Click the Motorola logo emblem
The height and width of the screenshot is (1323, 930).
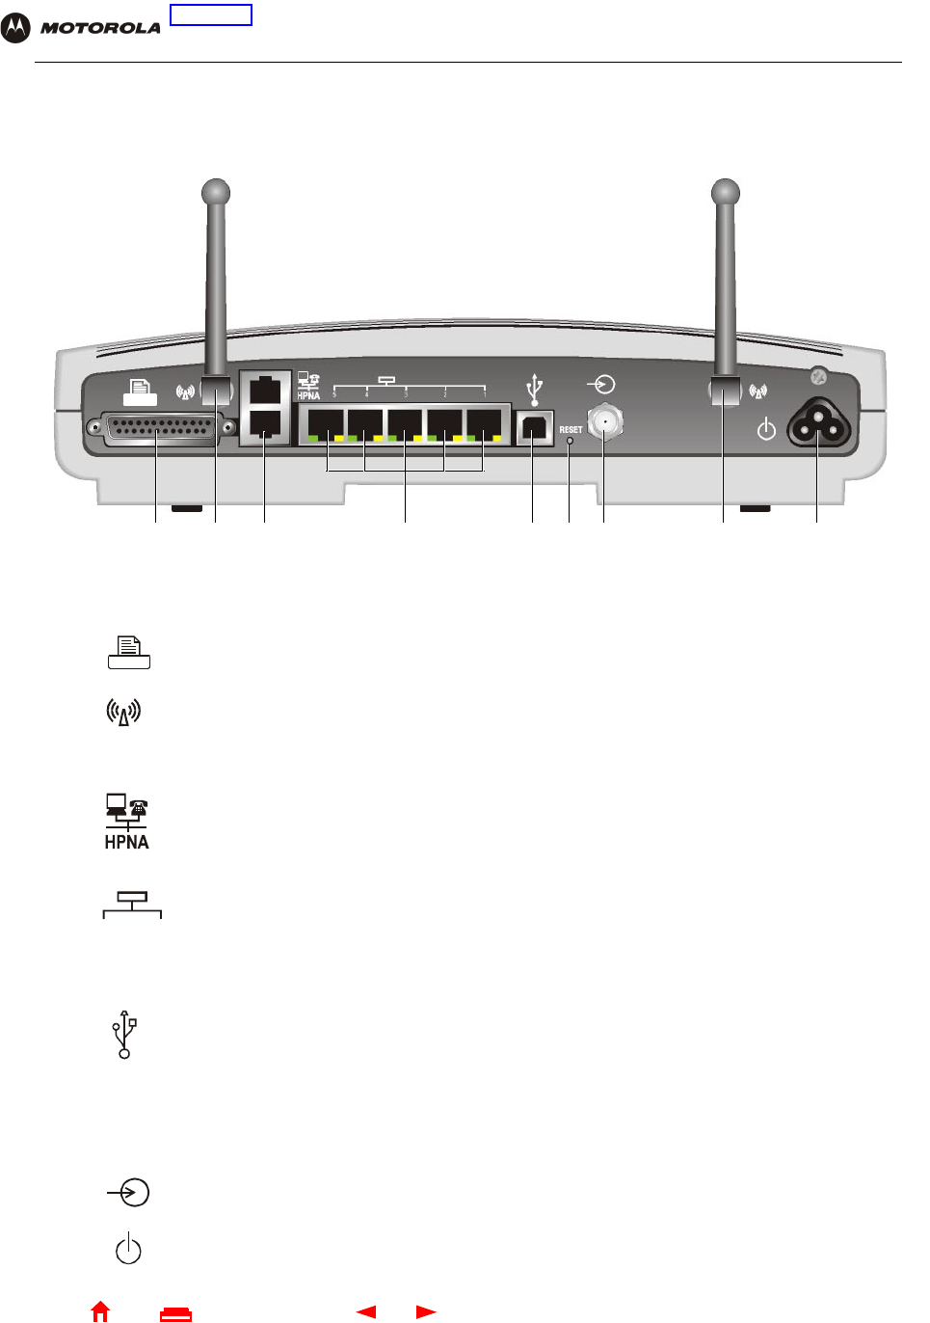coord(15,28)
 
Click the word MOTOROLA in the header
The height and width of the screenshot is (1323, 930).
coord(100,28)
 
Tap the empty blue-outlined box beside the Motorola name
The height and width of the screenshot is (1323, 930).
coord(210,14)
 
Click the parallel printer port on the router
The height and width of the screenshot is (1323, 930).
coord(161,427)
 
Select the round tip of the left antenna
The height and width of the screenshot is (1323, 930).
coord(216,192)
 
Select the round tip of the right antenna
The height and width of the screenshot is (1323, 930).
coord(725,192)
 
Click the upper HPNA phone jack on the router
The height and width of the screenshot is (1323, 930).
coord(264,391)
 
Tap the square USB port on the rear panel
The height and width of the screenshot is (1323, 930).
coord(535,428)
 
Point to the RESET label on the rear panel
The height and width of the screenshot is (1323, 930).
coord(571,429)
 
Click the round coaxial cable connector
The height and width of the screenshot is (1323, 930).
coord(604,421)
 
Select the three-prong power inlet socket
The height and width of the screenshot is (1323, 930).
coord(818,424)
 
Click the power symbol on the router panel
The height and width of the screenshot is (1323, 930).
coord(766,428)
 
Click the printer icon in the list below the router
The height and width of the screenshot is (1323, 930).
coord(129,652)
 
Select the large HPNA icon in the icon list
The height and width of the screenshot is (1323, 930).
coord(126,822)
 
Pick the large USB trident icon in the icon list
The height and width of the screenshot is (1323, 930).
coord(124,1035)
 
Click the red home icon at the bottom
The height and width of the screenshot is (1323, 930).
coord(100,1311)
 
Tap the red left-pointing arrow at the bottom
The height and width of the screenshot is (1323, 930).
coord(365,1311)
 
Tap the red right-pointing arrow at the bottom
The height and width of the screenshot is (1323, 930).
coord(426,1311)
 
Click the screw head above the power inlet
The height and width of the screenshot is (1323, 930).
coord(818,378)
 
